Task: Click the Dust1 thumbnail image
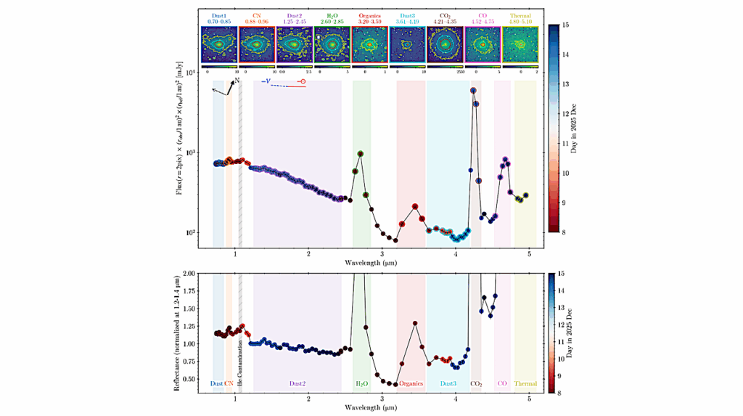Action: (x=218, y=45)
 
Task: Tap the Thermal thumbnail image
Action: (x=520, y=45)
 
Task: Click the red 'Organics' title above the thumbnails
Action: (x=370, y=15)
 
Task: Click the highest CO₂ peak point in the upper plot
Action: (x=473, y=91)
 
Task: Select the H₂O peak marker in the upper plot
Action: (x=361, y=154)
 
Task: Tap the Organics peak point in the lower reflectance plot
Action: (x=415, y=323)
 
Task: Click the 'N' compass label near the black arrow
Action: (x=237, y=81)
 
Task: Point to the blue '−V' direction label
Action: (x=266, y=81)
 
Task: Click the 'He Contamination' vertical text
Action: (x=240, y=356)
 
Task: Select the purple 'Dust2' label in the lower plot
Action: (x=297, y=383)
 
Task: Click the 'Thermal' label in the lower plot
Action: (x=525, y=383)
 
